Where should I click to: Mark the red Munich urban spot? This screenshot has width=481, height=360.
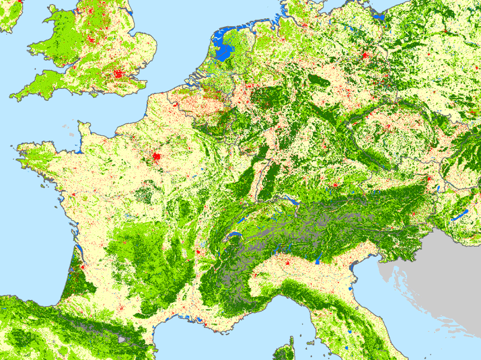(333, 184)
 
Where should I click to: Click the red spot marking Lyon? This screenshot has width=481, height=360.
(198, 254)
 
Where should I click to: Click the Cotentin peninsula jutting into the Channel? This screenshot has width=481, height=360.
(85, 128)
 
